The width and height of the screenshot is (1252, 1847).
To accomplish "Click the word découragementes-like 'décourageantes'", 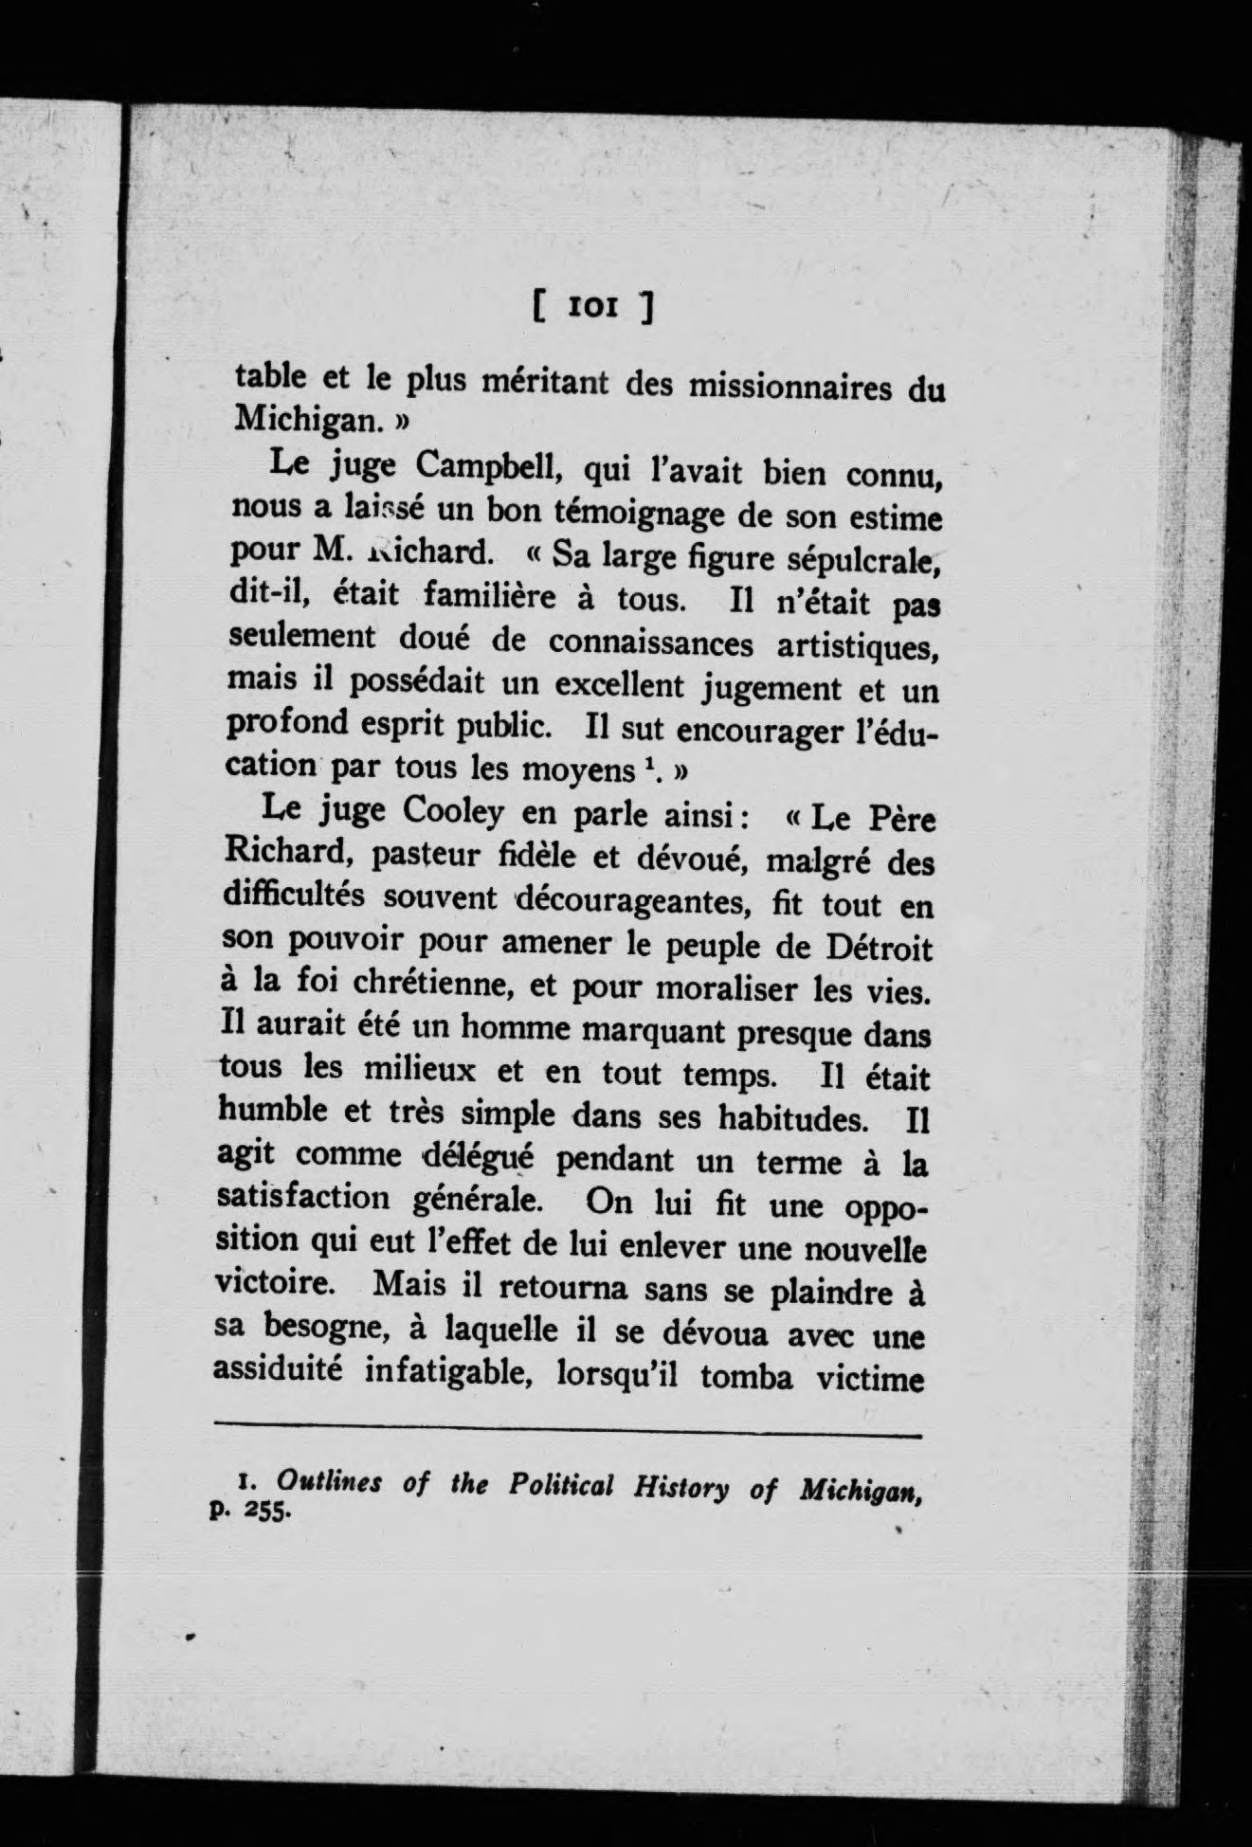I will click(634, 901).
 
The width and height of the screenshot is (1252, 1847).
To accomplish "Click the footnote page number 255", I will click(266, 1511).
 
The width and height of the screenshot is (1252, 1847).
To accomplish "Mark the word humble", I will click(276, 1112).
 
